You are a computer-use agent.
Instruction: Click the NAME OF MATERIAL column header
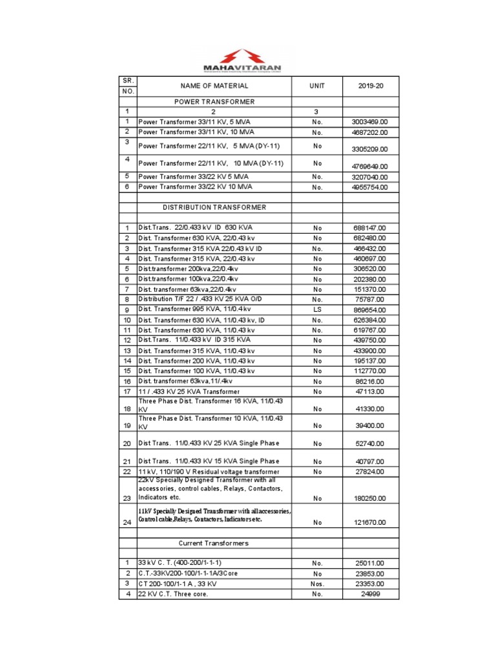click(214, 86)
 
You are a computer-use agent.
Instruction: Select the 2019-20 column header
click(371, 86)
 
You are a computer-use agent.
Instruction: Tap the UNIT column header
click(317, 86)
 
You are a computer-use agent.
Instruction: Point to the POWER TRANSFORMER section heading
click(214, 102)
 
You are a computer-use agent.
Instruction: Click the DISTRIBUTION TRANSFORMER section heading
click(214, 207)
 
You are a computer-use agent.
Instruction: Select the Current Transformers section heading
click(214, 544)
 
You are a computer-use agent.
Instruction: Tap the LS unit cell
click(317, 310)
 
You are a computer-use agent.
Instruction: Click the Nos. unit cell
click(317, 584)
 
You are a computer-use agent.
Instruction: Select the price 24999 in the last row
click(371, 594)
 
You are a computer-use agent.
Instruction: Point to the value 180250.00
click(371, 499)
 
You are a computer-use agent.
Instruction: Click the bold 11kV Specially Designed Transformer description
click(214, 515)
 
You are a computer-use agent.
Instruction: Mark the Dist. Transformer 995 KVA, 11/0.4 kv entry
click(196, 310)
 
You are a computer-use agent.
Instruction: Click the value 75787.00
click(371, 300)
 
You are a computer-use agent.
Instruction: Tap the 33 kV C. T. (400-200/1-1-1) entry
click(183, 563)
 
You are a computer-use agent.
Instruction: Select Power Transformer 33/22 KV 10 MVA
click(195, 187)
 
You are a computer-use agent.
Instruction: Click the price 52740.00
click(371, 444)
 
